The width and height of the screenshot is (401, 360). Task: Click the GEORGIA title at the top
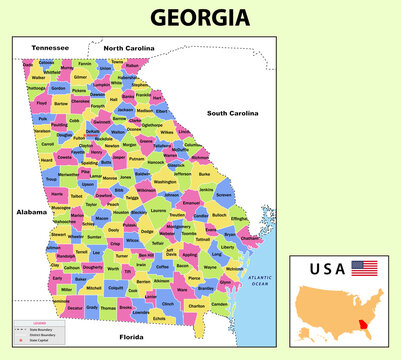pos(200,17)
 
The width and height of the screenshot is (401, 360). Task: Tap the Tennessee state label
pos(50,47)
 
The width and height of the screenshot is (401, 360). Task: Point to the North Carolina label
pos(129,47)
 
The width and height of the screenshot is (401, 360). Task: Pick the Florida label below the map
pos(131,337)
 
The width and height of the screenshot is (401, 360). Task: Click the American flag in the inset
pos(364,268)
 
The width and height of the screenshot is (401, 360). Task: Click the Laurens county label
pos(158,211)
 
